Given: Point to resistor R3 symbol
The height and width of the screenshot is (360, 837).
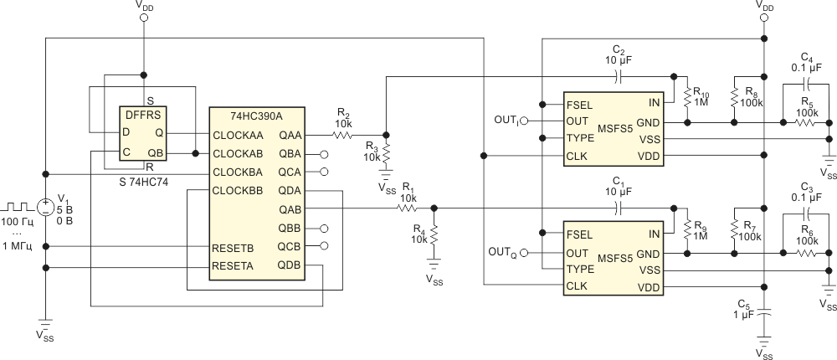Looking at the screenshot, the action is tap(386, 153).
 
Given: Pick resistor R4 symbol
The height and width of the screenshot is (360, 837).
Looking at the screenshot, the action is tap(434, 234).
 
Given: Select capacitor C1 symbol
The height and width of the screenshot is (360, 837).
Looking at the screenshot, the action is tap(619, 208).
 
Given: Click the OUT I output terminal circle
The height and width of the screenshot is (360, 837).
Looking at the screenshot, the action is tap(524, 121).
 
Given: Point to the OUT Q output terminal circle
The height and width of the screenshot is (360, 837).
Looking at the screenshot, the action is tap(524, 253).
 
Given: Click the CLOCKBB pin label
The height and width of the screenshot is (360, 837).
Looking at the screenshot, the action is tap(238, 191).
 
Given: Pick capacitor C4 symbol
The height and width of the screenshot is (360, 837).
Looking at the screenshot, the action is tap(806, 84).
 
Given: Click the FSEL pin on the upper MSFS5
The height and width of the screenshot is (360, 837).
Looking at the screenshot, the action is tap(579, 104).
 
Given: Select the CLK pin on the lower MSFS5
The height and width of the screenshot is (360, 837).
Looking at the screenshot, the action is tap(577, 286).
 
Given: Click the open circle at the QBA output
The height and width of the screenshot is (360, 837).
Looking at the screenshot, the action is tap(324, 154).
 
